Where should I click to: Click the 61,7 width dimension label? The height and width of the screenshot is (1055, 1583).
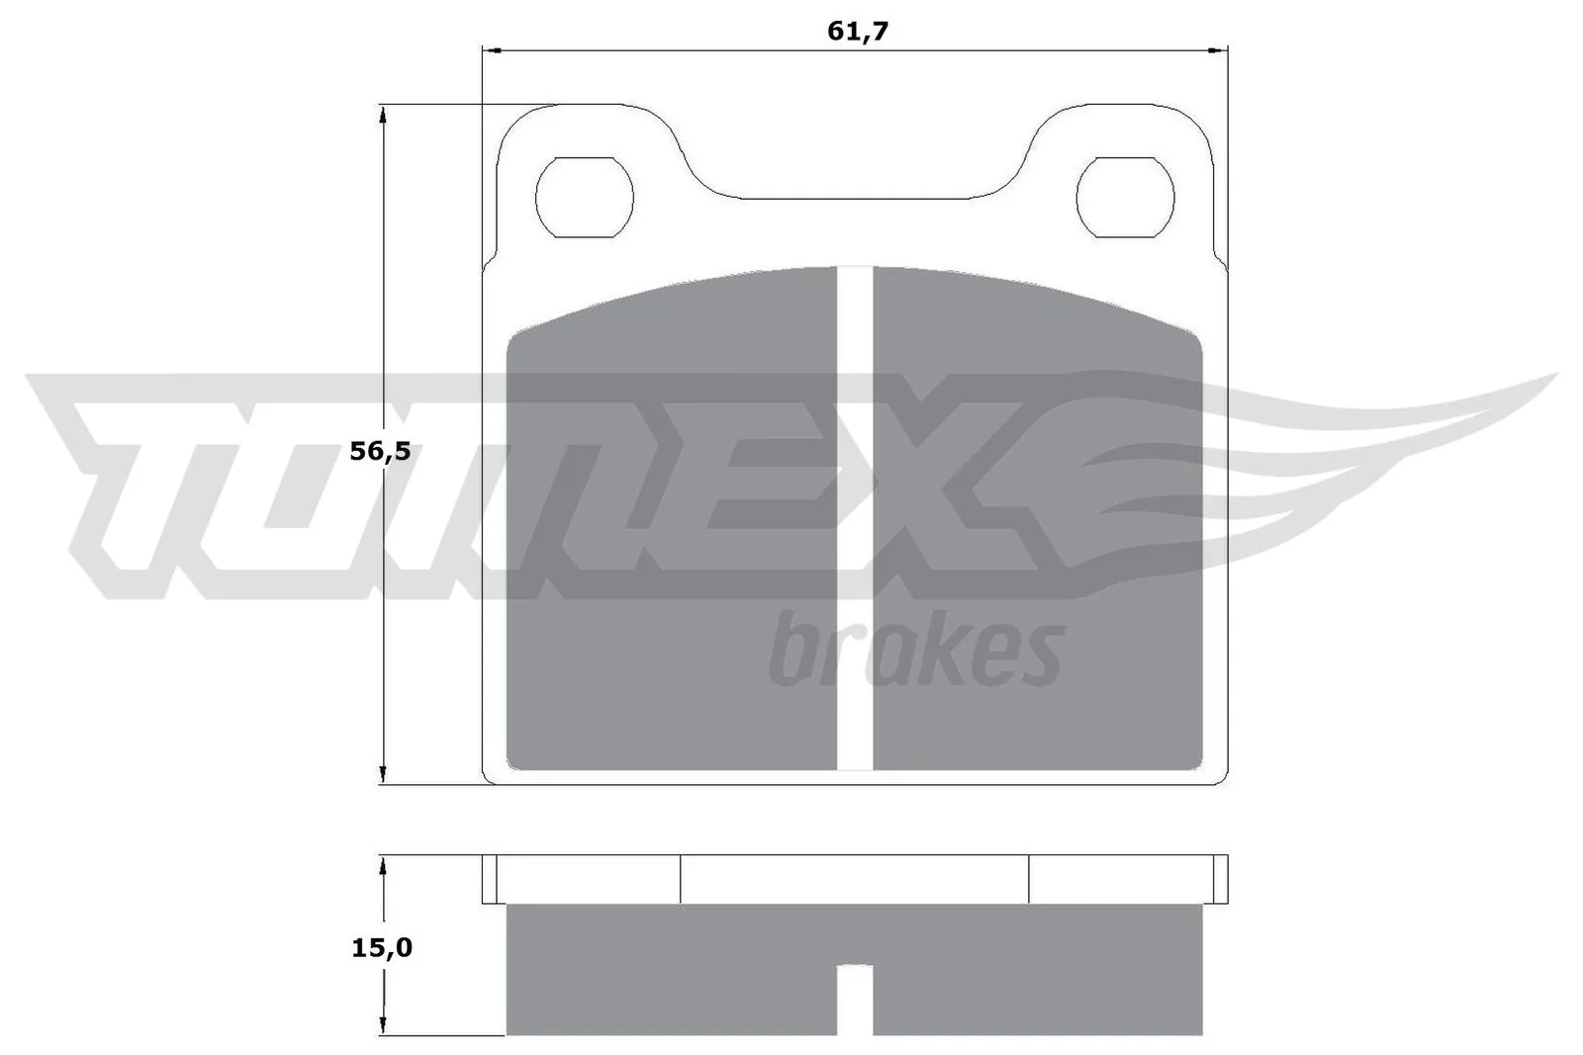tap(858, 32)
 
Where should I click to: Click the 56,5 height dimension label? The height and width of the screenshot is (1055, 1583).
tap(380, 452)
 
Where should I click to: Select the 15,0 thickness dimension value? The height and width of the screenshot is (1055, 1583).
tap(381, 948)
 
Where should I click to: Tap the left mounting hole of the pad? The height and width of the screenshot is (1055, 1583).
tap(584, 197)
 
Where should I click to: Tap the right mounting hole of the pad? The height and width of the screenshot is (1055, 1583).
tap(1125, 197)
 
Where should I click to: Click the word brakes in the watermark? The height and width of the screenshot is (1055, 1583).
tap(915, 651)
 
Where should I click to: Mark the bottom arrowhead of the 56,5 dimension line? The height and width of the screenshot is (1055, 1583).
tap(382, 775)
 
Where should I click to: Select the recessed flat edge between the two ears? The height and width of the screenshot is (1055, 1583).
tap(855, 199)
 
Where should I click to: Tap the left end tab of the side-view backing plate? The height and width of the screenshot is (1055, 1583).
tap(489, 879)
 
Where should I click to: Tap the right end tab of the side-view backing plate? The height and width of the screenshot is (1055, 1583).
tap(1220, 879)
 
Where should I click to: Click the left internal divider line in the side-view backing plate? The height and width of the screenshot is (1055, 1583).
tap(681, 879)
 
